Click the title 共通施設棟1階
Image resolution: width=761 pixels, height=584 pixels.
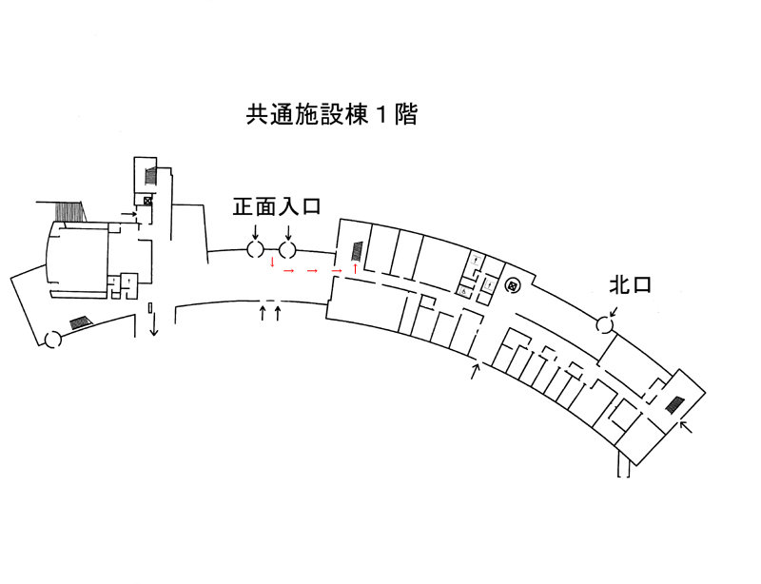pyautogui.click(x=332, y=116)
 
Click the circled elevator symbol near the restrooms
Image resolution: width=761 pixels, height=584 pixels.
pyautogui.click(x=511, y=283)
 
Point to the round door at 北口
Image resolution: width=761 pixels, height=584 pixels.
pyautogui.click(x=604, y=325)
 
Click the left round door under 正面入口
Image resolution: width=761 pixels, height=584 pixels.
pyautogui.click(x=255, y=250)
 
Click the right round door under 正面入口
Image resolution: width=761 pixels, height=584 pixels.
pyautogui.click(x=288, y=250)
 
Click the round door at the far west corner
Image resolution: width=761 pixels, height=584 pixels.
pyautogui.click(x=54, y=338)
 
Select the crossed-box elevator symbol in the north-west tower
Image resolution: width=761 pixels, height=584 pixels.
pyautogui.click(x=147, y=201)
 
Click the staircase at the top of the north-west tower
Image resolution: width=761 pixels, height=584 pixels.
pyautogui.click(x=150, y=177)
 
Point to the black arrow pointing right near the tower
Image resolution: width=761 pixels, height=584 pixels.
pyautogui.click(x=127, y=215)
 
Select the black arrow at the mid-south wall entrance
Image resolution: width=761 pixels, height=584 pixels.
pyautogui.click(x=476, y=371)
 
